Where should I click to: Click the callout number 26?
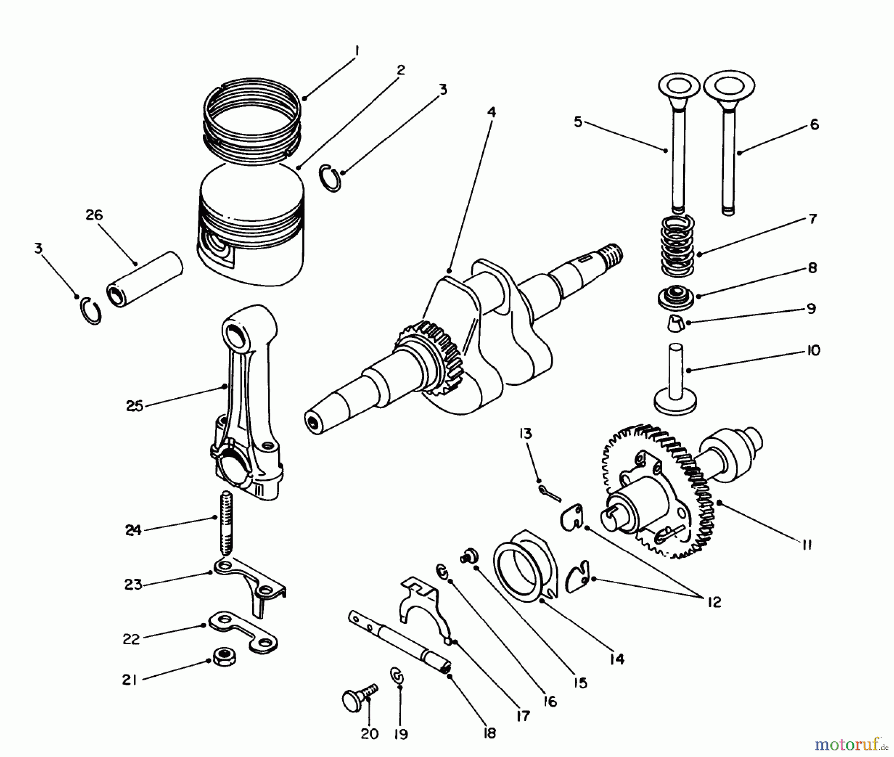tap(94, 215)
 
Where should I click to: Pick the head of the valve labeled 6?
tap(729, 87)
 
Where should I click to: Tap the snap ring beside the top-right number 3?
tap(331, 177)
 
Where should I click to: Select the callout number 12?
tap(714, 602)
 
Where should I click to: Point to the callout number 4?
tap(491, 112)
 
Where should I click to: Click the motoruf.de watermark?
tap(851, 744)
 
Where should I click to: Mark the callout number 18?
tap(490, 733)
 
